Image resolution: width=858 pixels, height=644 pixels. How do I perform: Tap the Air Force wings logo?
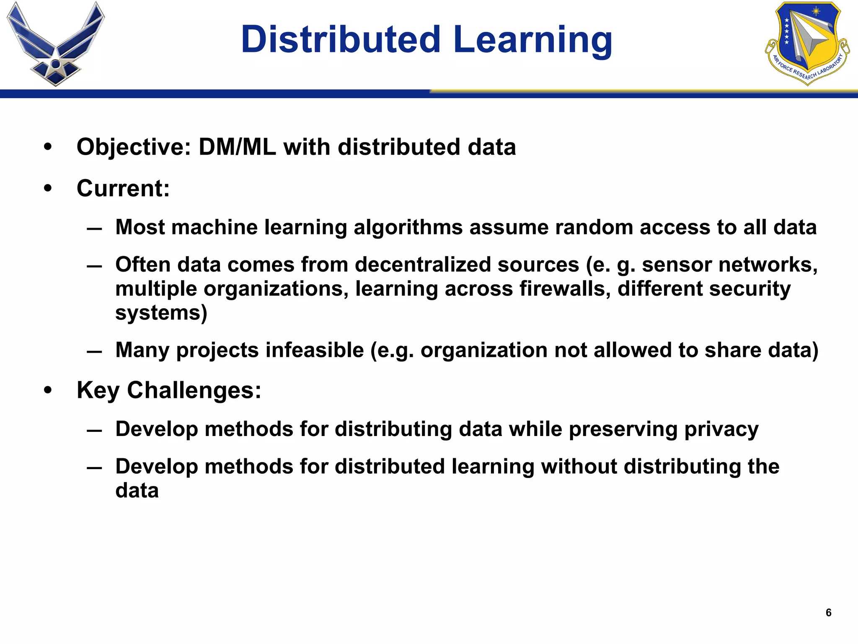(56, 44)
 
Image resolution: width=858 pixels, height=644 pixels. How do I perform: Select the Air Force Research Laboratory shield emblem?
(807, 43)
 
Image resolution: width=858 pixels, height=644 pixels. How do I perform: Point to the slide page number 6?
(828, 613)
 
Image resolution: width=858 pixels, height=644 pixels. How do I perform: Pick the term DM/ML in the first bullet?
(237, 147)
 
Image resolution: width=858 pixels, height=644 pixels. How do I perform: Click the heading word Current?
(123, 188)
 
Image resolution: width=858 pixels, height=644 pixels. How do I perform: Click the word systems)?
(161, 313)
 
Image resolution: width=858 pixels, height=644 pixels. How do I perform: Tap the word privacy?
(721, 429)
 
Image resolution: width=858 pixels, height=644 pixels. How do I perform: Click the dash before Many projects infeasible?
(94, 351)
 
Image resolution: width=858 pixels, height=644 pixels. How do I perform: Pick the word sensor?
(672, 265)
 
